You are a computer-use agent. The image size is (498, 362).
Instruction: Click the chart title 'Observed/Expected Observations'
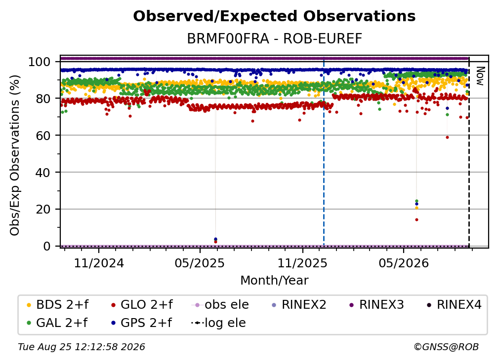coord(274,16)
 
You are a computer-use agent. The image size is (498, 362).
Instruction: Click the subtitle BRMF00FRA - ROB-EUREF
coord(274,39)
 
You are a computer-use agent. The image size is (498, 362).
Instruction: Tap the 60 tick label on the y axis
coord(43,136)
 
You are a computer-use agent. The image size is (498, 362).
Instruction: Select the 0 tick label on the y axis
coord(47,246)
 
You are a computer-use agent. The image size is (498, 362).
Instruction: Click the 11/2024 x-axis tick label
coord(99,263)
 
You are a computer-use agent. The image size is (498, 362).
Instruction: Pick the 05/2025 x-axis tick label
coord(200,263)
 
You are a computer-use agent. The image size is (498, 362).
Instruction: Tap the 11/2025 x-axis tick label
coord(302,263)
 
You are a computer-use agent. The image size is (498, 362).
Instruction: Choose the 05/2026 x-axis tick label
coord(403,263)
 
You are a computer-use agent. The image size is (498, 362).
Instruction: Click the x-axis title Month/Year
coord(274,281)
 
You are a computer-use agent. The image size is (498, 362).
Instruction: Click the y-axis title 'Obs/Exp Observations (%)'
coord(15,155)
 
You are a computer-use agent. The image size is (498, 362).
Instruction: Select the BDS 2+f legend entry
coord(57,305)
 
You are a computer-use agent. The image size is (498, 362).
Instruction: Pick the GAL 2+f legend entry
coord(57,323)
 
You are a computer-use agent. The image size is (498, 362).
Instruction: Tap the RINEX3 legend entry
coord(376,305)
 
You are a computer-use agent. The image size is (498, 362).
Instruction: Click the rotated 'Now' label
coord(480,76)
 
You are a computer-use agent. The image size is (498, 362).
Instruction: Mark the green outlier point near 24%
coord(416,201)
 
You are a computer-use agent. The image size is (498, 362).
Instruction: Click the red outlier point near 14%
coord(416,219)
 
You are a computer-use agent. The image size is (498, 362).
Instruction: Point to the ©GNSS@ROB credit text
coord(446,347)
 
